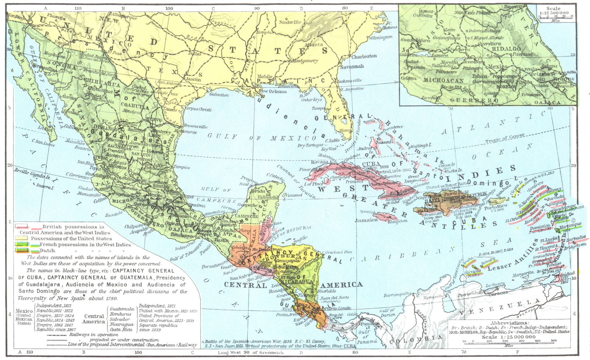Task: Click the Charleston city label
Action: pos(364,56)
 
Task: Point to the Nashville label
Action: pos(290,22)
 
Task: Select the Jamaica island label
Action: pos(366,220)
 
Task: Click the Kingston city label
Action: pos(398,221)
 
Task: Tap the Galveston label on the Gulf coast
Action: pos(219,95)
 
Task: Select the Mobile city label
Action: pos(265,77)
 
